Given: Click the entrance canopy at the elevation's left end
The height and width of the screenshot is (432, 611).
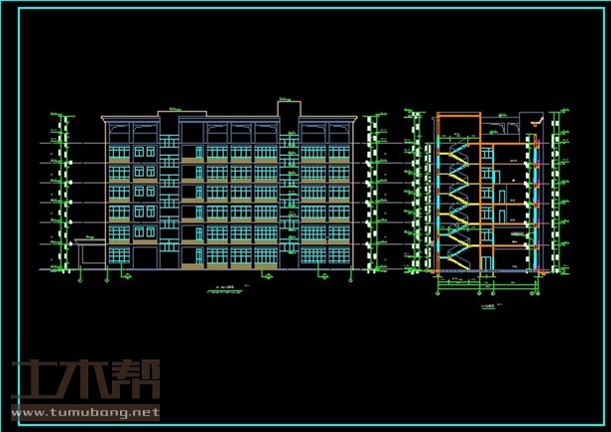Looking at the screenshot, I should coord(89,242).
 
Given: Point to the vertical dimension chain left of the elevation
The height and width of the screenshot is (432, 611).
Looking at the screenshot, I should coord(65,194).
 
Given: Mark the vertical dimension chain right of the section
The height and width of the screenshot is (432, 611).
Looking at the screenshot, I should coord(561,189).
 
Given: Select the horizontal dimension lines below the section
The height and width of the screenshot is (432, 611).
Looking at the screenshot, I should coord(486,285).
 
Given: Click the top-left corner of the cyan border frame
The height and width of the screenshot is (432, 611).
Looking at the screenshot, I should coord(6,5).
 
